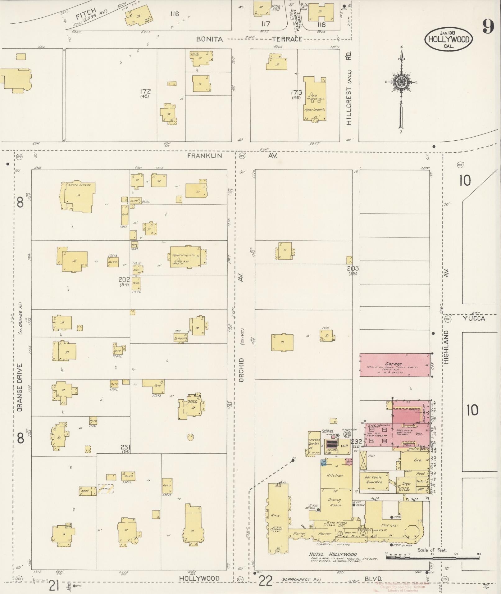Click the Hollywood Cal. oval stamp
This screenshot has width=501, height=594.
pyautogui.click(x=449, y=39)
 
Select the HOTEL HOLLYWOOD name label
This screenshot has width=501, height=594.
pyautogui.click(x=333, y=554)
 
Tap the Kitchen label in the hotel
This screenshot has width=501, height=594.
pyautogui.click(x=335, y=475)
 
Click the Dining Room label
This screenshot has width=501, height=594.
pyautogui.click(x=335, y=502)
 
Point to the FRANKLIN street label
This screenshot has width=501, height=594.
pyautogui.click(x=204, y=156)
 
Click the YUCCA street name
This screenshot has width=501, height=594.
pyautogui.click(x=473, y=319)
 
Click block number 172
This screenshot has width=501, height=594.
pyautogui.click(x=145, y=91)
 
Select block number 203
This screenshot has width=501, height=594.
pyautogui.click(x=353, y=268)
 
